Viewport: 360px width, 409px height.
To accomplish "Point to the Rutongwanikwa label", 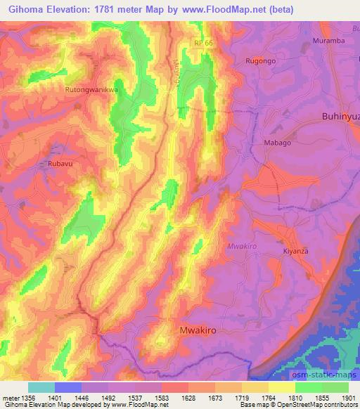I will point(90,90).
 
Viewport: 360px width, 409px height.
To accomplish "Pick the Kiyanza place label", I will point(296,251).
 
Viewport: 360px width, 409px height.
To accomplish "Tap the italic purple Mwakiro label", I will point(242,246).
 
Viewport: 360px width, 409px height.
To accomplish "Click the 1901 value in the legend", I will point(347,398).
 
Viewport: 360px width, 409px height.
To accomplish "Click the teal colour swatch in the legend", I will point(41,387).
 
